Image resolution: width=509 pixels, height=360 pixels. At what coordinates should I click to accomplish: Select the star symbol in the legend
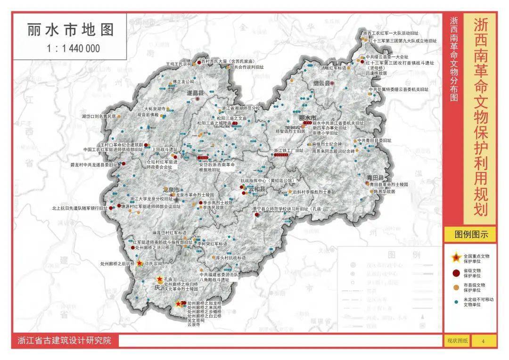tap(456, 257)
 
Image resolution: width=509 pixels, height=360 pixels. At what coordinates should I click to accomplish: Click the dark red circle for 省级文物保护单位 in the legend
tap(456, 272)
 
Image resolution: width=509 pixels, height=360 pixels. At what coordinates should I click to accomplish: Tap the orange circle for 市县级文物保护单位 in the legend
tap(456, 286)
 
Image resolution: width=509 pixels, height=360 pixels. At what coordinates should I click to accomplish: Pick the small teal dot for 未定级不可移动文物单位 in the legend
tap(456, 301)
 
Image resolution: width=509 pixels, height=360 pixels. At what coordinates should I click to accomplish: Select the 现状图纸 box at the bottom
tap(457, 340)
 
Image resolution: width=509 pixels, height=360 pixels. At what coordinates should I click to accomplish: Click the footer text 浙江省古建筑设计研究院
tap(64, 340)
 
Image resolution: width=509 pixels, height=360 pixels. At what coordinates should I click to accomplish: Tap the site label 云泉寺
tap(194, 325)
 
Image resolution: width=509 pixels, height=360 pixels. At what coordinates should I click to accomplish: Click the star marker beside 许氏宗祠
tap(140, 264)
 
